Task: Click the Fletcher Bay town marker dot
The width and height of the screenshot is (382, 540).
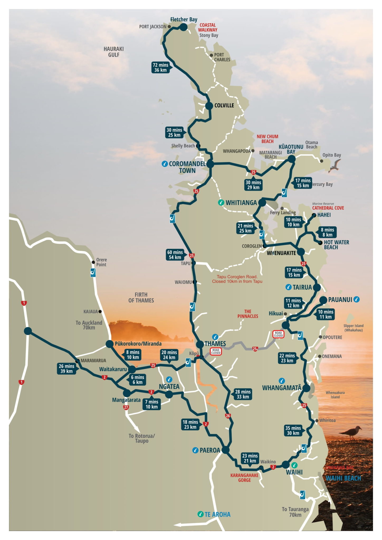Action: (x=183, y=27)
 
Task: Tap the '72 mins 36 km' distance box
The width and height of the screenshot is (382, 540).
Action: (x=160, y=67)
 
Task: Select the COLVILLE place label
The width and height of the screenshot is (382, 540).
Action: (x=224, y=105)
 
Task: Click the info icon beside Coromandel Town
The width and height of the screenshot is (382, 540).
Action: (x=165, y=164)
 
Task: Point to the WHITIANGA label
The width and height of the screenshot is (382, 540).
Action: (x=241, y=203)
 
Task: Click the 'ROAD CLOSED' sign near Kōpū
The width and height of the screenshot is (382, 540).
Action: (x=216, y=351)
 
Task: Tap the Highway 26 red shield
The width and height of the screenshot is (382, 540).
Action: (x=228, y=416)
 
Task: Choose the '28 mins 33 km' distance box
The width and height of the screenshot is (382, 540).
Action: (x=243, y=394)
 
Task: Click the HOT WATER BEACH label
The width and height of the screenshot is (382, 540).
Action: (x=336, y=245)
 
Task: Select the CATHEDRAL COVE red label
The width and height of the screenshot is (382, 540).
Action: (x=328, y=208)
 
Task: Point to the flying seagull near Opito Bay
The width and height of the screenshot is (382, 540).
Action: (x=335, y=166)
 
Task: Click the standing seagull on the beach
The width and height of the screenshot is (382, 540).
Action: (x=351, y=432)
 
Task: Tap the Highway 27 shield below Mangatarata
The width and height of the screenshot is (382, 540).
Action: (x=126, y=407)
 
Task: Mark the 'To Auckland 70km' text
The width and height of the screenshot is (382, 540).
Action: (x=89, y=325)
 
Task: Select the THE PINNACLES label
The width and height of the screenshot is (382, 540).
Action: (x=247, y=314)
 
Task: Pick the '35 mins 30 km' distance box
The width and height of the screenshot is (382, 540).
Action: (x=293, y=431)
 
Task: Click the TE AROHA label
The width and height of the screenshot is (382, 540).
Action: (x=217, y=514)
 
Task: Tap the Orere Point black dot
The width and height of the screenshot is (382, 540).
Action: (x=93, y=262)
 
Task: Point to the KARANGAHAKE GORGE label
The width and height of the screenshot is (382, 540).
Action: (x=244, y=478)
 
